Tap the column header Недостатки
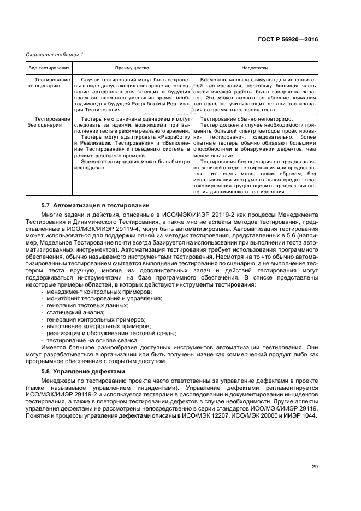click(x=254, y=68)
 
